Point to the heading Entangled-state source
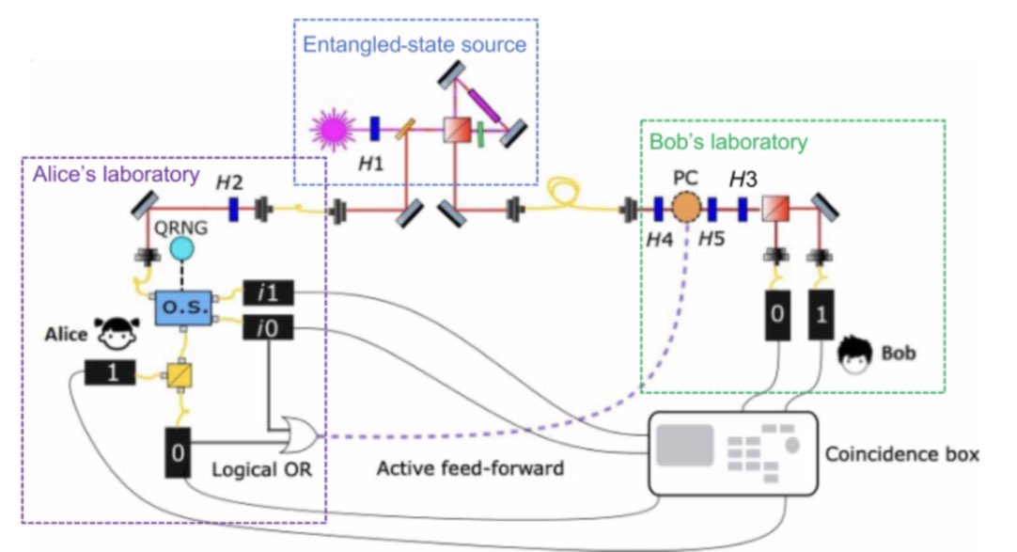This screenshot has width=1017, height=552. coord(415,44)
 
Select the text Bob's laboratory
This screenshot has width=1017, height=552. coord(728,143)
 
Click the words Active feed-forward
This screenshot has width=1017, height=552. coord(470,467)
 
